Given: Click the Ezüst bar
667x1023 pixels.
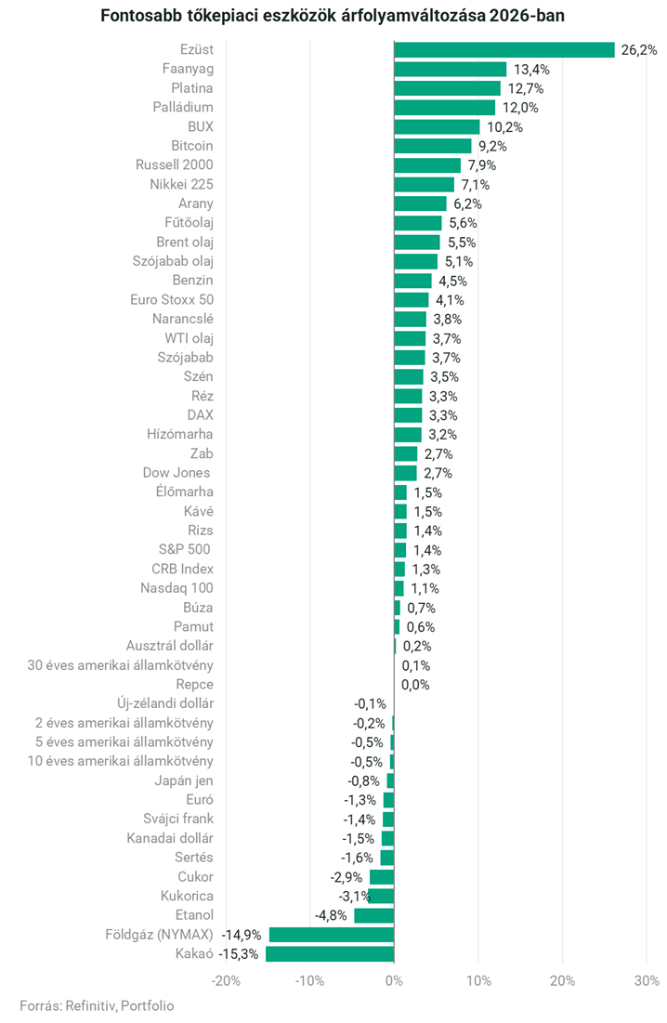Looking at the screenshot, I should (504, 50).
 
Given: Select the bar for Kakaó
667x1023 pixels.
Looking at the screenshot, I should (330, 954).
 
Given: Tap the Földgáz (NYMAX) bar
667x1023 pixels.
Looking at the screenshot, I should (332, 935).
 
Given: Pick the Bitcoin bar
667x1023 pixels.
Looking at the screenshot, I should (433, 146).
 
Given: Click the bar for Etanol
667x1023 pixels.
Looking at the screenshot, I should (373, 915).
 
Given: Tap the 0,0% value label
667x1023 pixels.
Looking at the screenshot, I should (415, 685).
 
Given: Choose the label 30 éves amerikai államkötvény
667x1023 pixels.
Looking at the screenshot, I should (121, 665).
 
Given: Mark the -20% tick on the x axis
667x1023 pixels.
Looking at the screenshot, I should (226, 980).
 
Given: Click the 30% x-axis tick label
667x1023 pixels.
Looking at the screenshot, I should (647, 980).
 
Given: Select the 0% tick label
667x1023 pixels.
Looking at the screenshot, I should (394, 980).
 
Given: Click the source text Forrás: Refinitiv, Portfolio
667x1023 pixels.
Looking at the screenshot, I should (97, 1005).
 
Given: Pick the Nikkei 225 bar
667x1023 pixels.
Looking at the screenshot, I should (424, 185).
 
